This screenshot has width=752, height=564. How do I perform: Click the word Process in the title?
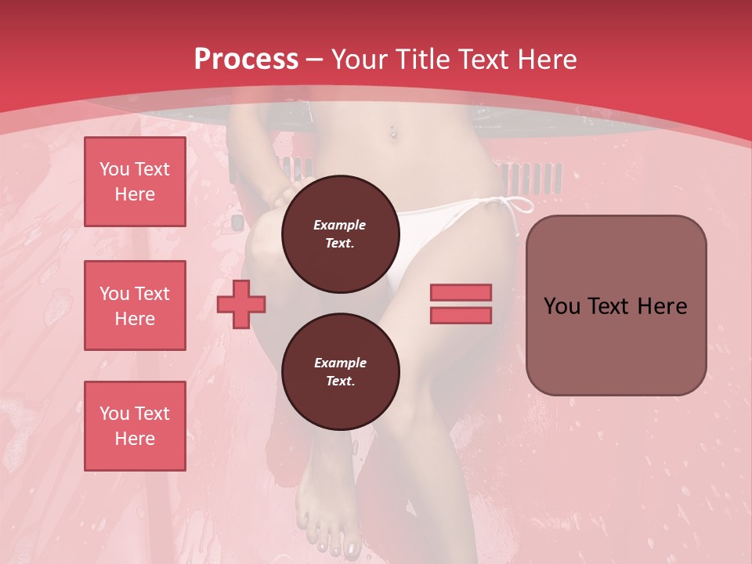[x=246, y=60]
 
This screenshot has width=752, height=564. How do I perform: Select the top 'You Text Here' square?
[x=135, y=182]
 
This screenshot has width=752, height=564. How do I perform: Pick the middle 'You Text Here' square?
[x=135, y=305]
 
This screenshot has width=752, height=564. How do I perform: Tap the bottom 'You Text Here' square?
[x=135, y=426]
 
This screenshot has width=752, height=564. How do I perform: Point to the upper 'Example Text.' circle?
[x=340, y=233]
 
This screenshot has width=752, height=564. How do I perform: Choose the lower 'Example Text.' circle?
[x=340, y=372]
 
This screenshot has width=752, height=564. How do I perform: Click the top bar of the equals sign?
[x=461, y=293]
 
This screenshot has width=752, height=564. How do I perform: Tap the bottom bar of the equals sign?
[x=461, y=315]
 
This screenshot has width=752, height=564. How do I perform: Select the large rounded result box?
[x=616, y=305]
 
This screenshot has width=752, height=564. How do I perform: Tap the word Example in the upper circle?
[x=340, y=225]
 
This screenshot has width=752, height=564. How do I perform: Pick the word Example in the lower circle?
[x=340, y=363]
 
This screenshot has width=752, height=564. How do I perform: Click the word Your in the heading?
[x=359, y=60]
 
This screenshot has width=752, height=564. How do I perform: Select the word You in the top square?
[x=114, y=169]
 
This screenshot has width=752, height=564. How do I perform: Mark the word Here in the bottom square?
[x=135, y=439]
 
